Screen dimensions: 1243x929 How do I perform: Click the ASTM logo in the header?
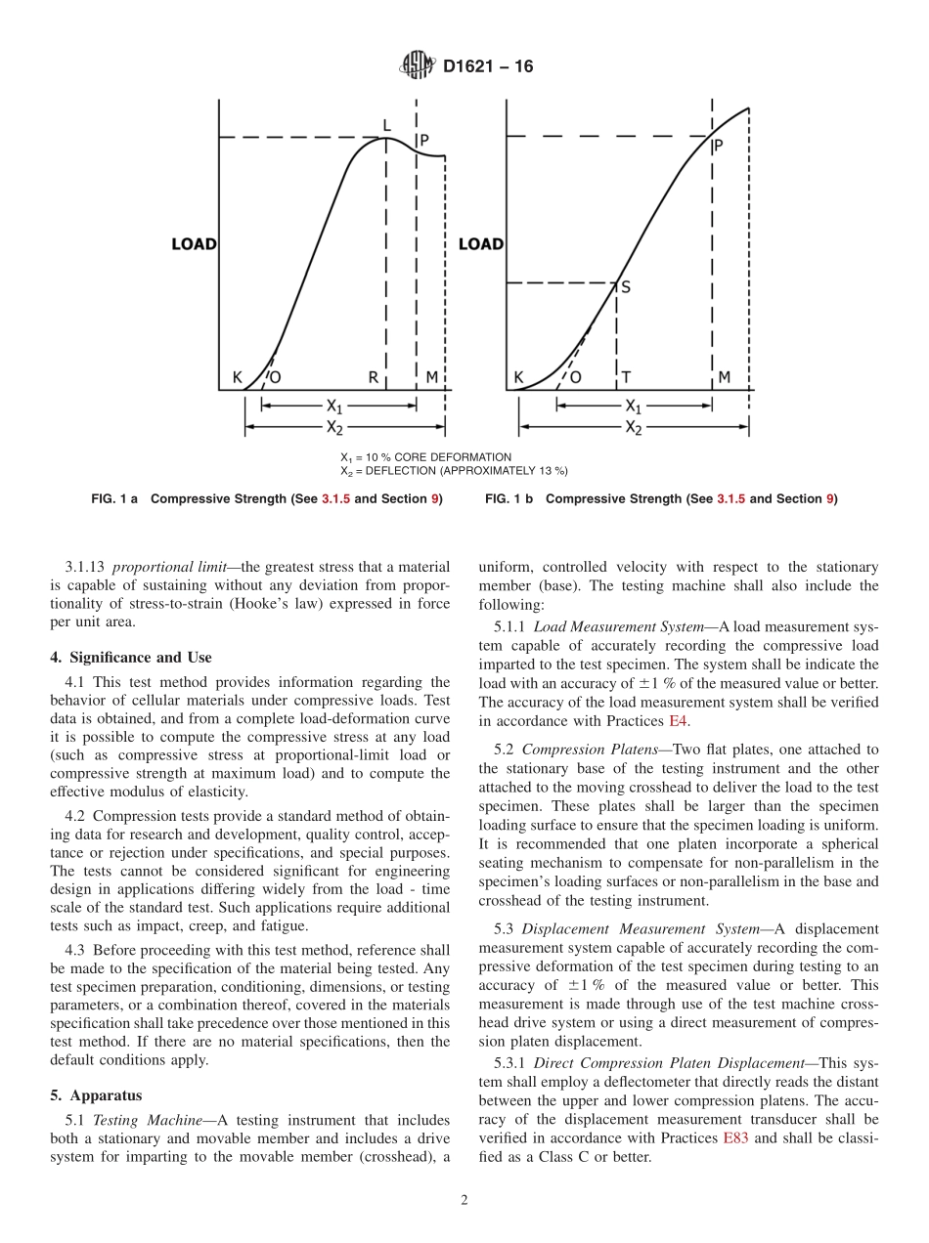pos(418,67)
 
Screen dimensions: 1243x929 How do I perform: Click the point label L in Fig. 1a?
pos(386,126)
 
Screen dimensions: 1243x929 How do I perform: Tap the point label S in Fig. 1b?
pos(626,287)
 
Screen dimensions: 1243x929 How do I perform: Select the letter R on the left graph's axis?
pos(374,377)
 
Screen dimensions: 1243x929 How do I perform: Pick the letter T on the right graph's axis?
pos(626,377)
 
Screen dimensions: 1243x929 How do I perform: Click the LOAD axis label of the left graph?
pos(194,244)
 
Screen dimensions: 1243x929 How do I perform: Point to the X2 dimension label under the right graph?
pos(634,427)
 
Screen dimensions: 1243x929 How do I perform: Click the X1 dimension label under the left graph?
pos(334,406)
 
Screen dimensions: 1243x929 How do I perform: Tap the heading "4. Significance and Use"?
pos(130,657)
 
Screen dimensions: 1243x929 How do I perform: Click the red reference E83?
pos(735,1138)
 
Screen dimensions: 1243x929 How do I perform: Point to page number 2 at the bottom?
pos(464,1201)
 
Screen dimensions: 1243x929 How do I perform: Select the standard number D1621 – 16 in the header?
pos(488,67)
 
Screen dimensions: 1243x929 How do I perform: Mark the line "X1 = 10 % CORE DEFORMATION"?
pos(425,457)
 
